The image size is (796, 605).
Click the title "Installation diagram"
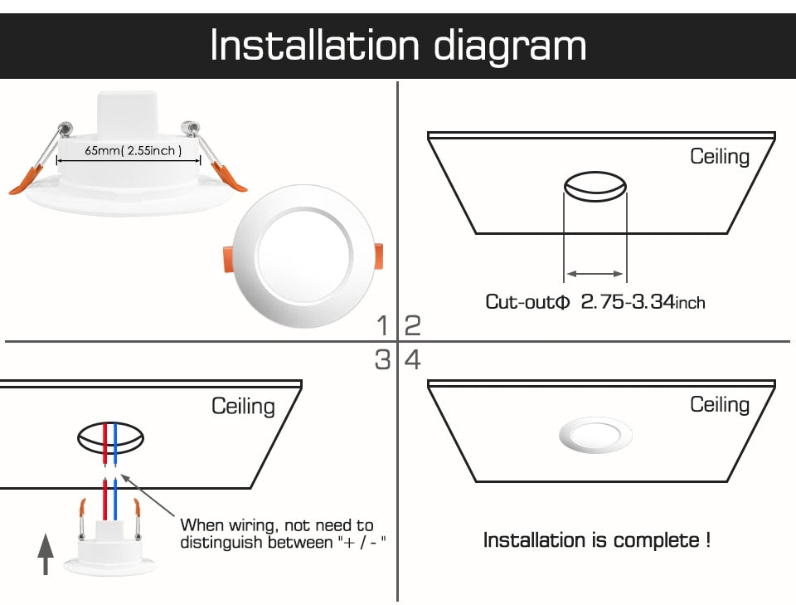(x=398, y=45)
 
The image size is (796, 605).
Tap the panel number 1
(x=382, y=325)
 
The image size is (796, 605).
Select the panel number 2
(x=412, y=325)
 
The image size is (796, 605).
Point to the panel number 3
(x=382, y=360)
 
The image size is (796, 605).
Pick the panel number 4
(x=412, y=360)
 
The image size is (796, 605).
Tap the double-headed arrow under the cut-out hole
(x=595, y=273)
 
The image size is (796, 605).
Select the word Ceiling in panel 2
(x=720, y=156)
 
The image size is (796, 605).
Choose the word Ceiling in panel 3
(x=243, y=406)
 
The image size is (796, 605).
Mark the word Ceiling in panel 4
(x=720, y=404)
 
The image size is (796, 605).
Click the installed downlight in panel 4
(x=595, y=435)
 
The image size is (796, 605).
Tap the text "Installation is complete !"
(x=596, y=541)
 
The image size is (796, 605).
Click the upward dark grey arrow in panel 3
(x=46, y=555)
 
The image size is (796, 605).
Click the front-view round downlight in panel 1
(x=303, y=255)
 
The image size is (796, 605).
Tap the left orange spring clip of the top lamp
(x=27, y=180)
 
